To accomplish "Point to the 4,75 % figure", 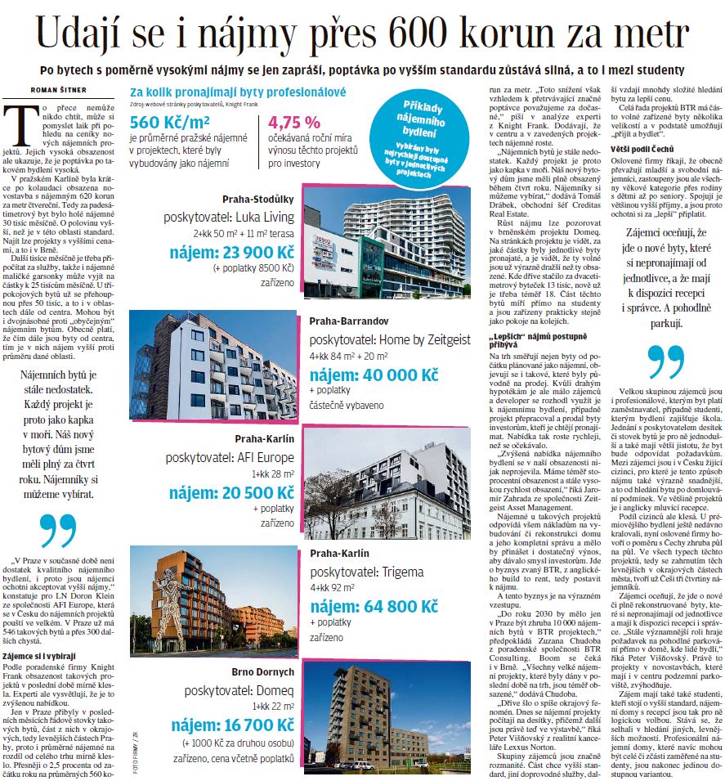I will [x=294, y=123].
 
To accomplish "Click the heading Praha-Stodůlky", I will [x=258, y=199].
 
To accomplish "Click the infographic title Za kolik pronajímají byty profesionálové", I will [x=237, y=92].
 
